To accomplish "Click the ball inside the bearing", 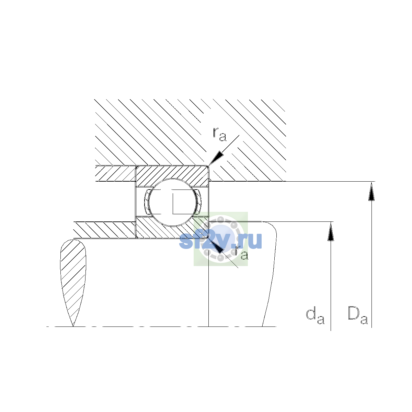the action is [x=173, y=202].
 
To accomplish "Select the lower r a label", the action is [x=242, y=253].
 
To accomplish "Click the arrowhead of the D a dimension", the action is [x=371, y=191].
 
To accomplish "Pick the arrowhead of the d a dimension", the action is [x=331, y=231].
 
